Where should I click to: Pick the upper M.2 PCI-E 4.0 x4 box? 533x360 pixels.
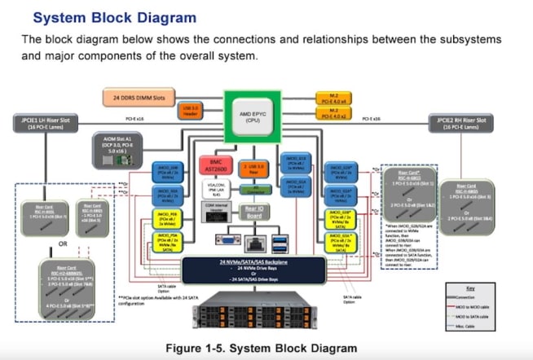(x=333, y=97)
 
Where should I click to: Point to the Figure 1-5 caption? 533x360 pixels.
(x=261, y=348)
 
